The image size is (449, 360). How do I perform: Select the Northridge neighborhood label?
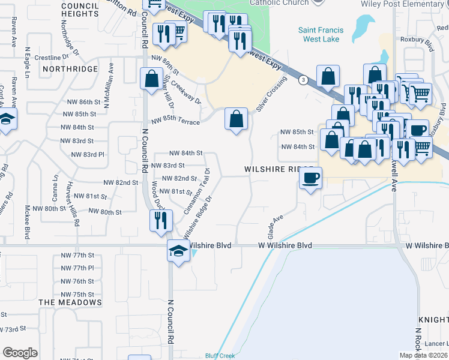(x=70, y=69)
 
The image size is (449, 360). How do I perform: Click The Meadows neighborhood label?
(x=70, y=302)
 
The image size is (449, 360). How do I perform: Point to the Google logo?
(x=20, y=353)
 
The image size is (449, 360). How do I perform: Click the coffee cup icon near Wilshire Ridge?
(x=310, y=179)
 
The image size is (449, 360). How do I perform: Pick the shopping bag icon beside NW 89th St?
(x=151, y=78)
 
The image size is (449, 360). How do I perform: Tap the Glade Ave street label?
(x=274, y=226)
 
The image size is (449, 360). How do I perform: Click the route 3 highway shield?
(x=304, y=80)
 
